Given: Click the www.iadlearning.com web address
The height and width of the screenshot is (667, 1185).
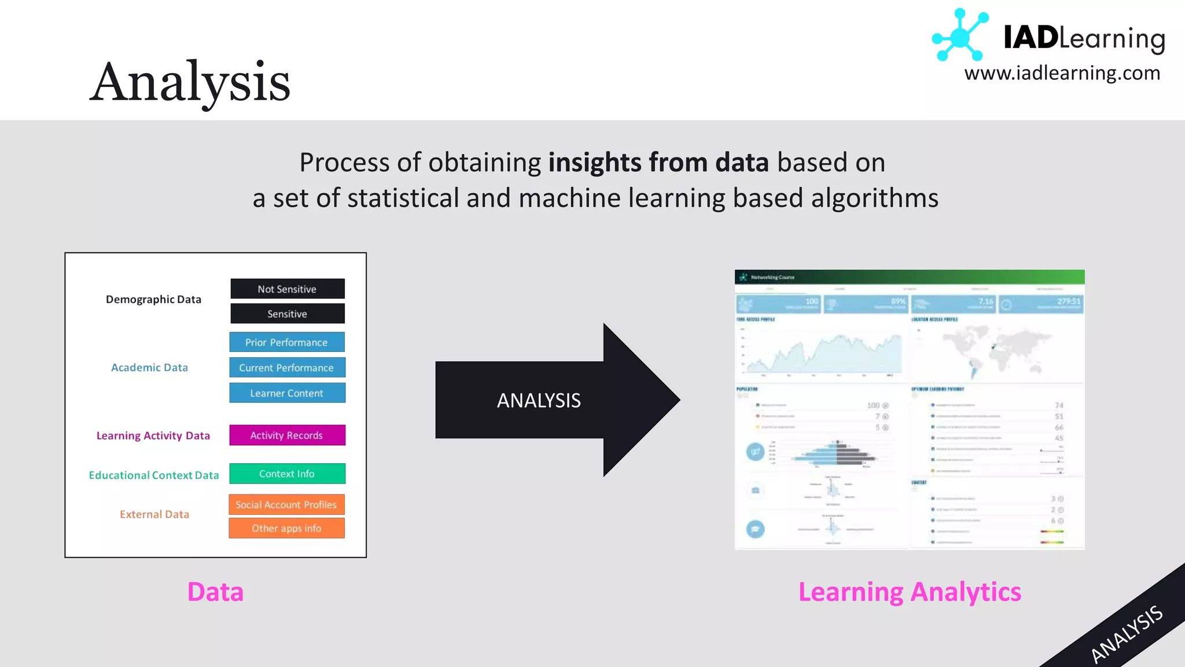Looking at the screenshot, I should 1062,74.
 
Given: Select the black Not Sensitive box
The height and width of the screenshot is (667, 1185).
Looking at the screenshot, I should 287,289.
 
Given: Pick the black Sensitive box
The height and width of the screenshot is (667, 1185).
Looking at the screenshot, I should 287,314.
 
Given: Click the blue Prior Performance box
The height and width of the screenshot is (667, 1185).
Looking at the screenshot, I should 286,342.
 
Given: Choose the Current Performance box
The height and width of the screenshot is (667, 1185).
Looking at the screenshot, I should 286,368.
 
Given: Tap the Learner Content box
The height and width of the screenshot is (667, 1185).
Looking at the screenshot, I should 286,393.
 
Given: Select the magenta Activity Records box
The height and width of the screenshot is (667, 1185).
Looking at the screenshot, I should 286,435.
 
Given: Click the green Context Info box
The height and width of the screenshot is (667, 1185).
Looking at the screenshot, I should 286,474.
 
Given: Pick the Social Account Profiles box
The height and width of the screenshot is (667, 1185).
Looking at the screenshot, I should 286,505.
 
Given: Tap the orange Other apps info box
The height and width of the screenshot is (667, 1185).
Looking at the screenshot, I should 286,528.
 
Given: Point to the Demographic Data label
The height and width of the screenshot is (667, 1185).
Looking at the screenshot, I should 153,299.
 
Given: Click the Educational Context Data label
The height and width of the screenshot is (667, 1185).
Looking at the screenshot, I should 154,475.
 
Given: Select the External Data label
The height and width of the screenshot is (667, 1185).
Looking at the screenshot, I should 154,514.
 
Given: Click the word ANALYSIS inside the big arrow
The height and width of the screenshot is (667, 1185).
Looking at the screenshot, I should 539,401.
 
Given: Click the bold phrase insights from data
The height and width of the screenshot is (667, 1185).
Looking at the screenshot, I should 658,163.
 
